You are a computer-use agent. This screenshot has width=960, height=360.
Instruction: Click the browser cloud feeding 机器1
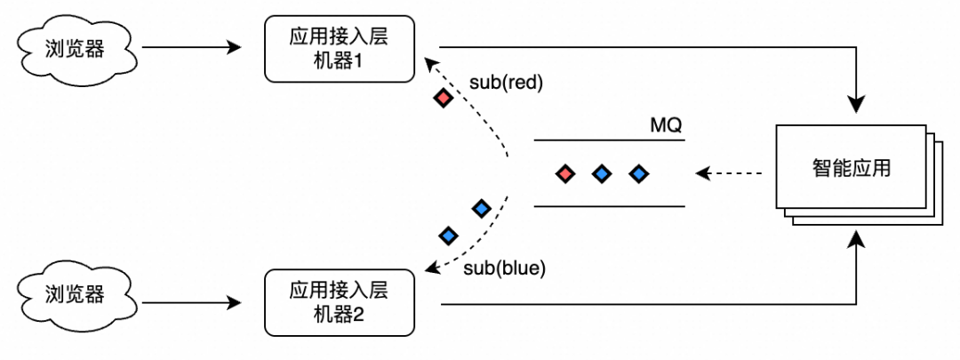(x=75, y=48)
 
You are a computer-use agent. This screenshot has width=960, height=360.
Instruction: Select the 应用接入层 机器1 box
(x=340, y=48)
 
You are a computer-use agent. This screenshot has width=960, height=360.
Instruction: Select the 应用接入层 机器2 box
(x=340, y=303)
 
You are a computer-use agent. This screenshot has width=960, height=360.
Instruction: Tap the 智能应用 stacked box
(x=852, y=168)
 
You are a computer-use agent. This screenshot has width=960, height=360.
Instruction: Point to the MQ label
(x=666, y=125)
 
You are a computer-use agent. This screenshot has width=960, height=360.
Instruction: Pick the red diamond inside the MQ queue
(x=564, y=173)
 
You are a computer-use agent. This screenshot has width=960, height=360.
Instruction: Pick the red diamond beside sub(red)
(x=442, y=98)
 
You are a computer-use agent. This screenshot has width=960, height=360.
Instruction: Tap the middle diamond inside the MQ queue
(x=602, y=173)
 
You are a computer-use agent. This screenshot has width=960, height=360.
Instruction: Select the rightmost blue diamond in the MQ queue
(x=637, y=173)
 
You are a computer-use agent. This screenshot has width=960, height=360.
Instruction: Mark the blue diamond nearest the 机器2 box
(x=448, y=236)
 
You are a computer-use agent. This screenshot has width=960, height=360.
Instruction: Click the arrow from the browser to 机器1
(x=191, y=48)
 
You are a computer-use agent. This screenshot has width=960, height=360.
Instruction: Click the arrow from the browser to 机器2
(x=191, y=304)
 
